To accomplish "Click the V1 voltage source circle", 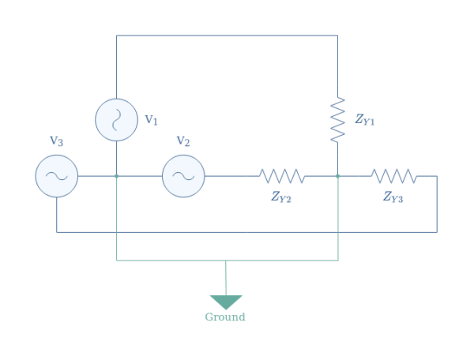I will click(x=116, y=120).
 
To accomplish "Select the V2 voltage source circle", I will click(x=183, y=175).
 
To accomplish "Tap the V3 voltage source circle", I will click(x=57, y=175).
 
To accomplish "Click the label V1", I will click(x=151, y=120).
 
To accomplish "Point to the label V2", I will click(x=182, y=142).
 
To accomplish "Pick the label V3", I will click(x=56, y=141).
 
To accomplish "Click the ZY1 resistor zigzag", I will click(x=338, y=120).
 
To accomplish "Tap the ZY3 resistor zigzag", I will click(x=393, y=175).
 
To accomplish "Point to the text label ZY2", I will click(x=281, y=198).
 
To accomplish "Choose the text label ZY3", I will click(x=393, y=198).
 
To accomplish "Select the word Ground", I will click(x=225, y=317).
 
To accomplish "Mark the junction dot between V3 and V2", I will click(x=116, y=175).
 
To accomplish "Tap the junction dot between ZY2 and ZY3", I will click(x=338, y=175).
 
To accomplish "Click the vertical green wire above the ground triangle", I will click(x=226, y=278).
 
